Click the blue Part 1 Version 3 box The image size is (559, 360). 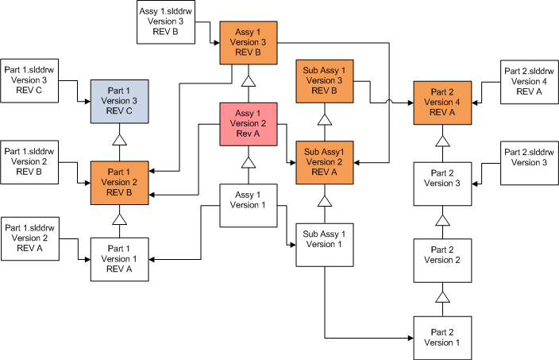(120, 102)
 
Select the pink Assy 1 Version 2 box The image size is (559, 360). (248, 123)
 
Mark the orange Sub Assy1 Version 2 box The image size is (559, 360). (324, 162)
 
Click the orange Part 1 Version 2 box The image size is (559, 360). (120, 182)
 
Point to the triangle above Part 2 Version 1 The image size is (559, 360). (443, 297)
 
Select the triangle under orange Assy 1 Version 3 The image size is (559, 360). (248, 81)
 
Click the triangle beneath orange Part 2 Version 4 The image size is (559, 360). (443, 141)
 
